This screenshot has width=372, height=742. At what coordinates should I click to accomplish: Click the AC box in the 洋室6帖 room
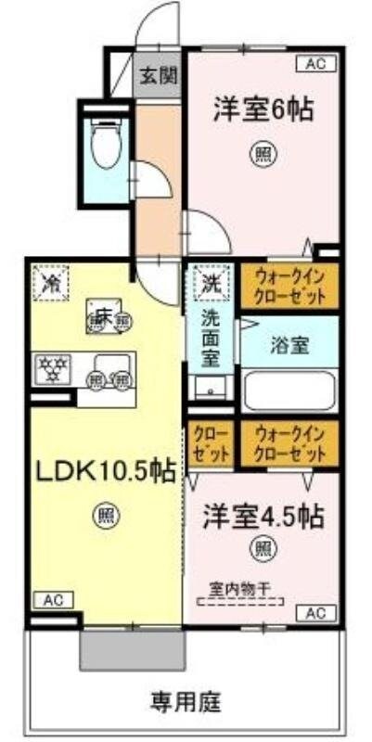[314, 63]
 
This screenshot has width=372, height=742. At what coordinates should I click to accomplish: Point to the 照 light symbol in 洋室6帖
[262, 156]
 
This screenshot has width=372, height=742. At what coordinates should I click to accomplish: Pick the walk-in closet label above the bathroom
[290, 288]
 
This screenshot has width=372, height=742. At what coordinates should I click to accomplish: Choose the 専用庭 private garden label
[186, 699]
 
